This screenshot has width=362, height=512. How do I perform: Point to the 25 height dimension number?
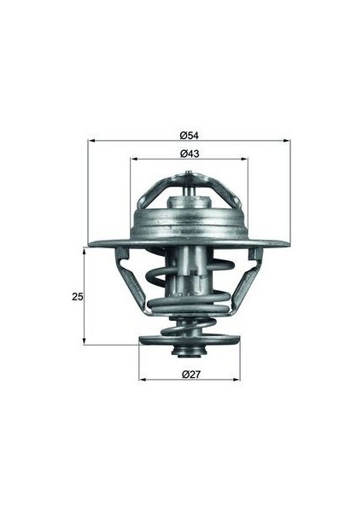[x=78, y=297]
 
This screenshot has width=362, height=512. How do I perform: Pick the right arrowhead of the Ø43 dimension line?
[x=247, y=160]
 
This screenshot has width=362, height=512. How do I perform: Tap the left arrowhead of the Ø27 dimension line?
[x=141, y=379]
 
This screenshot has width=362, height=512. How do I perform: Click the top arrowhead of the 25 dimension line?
[x=84, y=251]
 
